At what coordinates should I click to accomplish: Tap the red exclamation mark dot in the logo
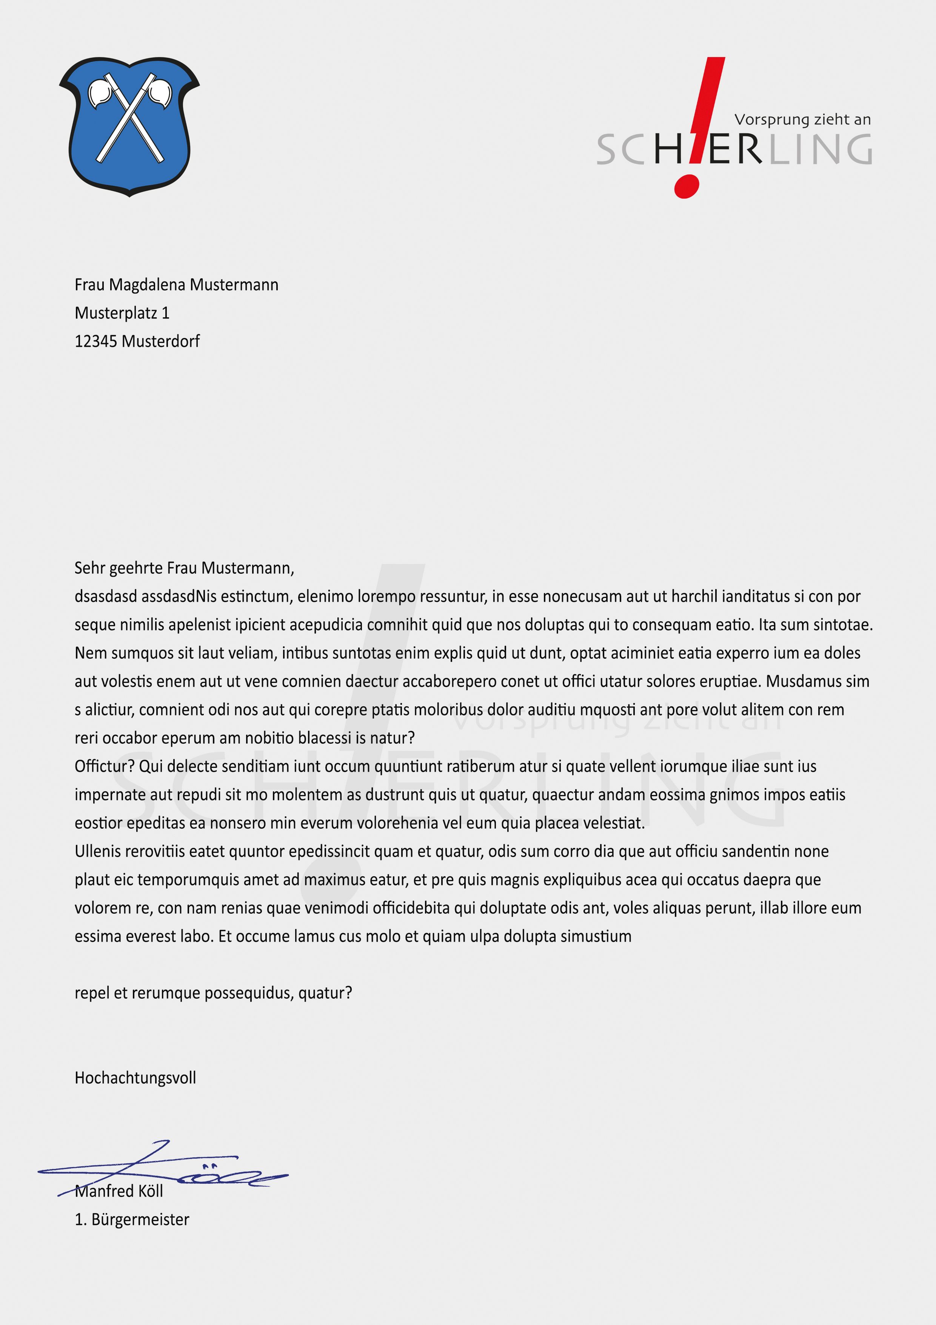coord(686,187)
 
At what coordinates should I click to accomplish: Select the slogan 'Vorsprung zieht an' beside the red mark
coord(802,119)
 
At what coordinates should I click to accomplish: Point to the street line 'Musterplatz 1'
coord(122,313)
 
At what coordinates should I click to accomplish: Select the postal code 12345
coord(96,341)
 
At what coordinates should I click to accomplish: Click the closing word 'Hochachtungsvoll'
coord(135,1078)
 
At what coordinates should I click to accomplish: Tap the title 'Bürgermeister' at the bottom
coord(140,1219)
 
